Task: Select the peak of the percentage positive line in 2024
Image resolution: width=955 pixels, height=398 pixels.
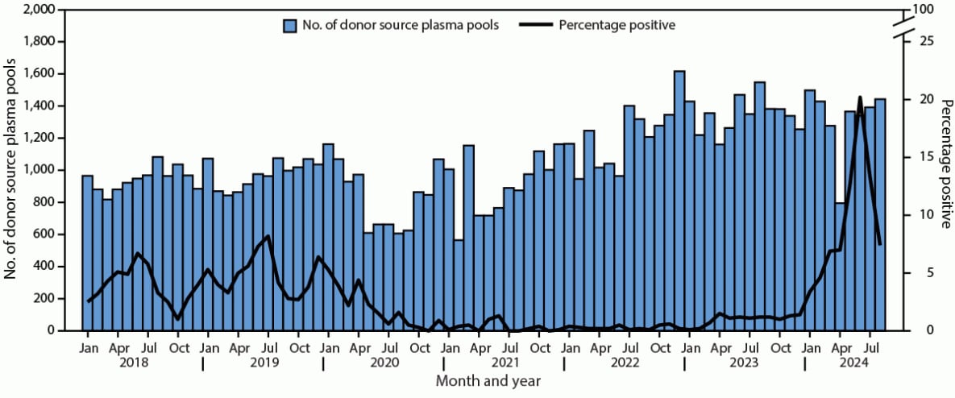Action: tap(860, 97)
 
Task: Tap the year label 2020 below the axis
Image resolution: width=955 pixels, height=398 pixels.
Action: tap(384, 363)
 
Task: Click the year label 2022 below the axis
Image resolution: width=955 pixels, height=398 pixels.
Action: tap(625, 363)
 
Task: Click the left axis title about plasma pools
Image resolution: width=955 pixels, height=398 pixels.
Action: tap(11, 171)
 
